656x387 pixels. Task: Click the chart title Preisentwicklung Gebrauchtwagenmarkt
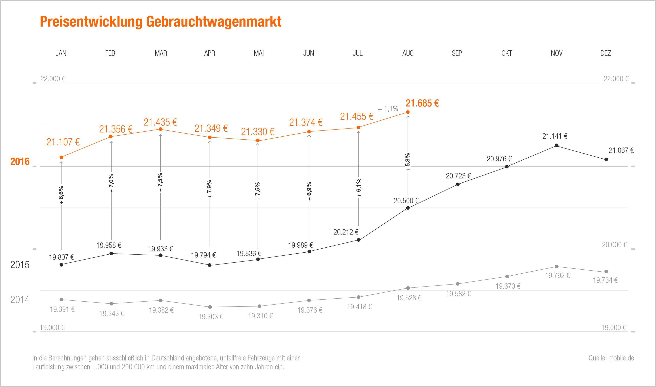click(160, 22)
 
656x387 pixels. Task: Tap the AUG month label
click(408, 53)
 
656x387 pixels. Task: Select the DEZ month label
click(605, 53)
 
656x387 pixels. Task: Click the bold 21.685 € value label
click(422, 103)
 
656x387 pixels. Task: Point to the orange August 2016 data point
click(408, 112)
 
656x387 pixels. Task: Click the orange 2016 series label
click(20, 162)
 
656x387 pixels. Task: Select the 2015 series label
click(20, 265)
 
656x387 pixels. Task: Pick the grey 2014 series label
click(20, 300)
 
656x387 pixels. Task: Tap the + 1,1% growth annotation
click(388, 109)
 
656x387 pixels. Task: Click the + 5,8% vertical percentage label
click(408, 162)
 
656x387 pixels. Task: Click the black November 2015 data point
click(557, 146)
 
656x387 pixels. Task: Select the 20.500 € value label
click(406, 201)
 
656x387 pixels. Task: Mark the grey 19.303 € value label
click(211, 317)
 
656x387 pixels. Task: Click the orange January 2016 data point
click(61, 157)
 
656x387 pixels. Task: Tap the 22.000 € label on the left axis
click(53, 79)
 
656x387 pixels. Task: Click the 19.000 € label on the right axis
click(614, 328)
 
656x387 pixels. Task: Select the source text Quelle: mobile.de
click(611, 358)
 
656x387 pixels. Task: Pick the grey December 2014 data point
click(606, 271)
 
